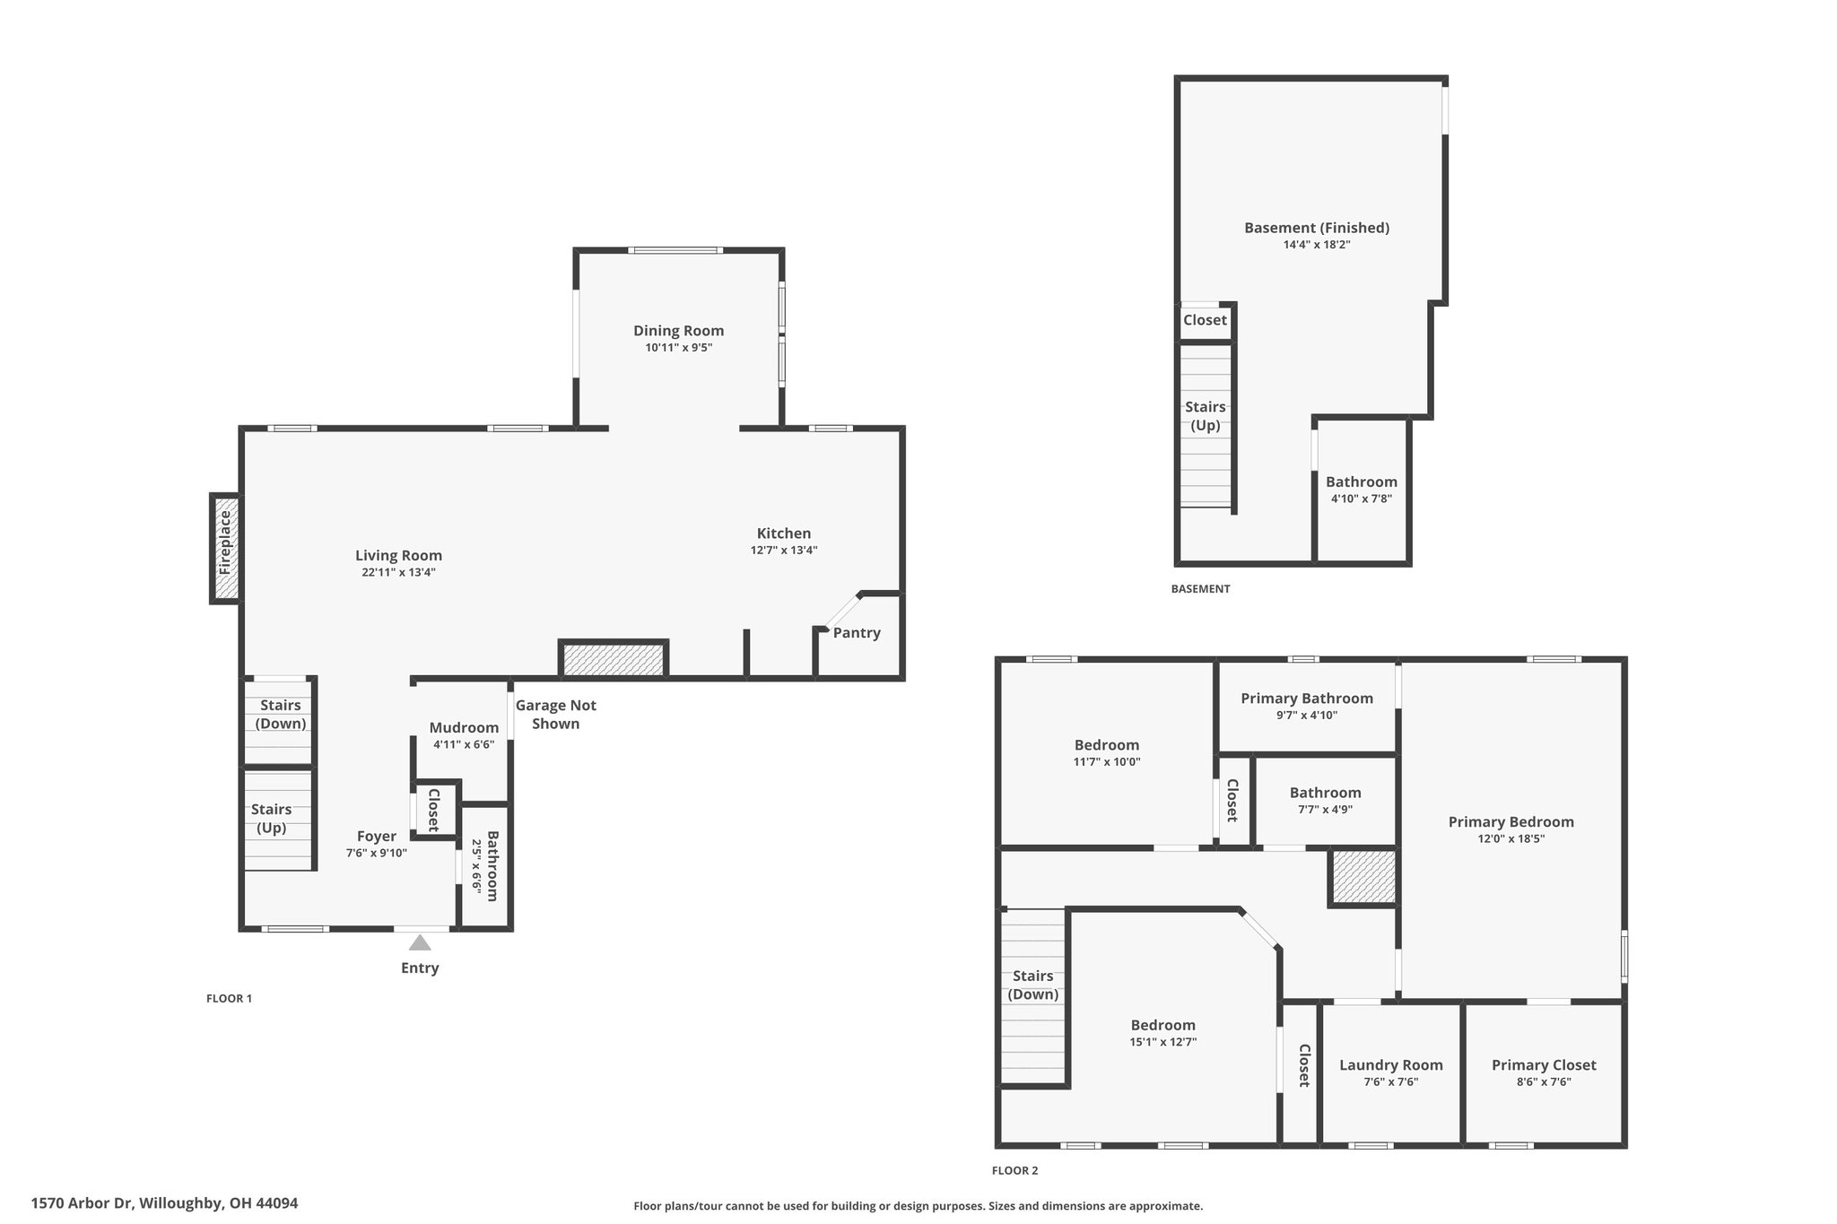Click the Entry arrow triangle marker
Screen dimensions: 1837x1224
(419, 942)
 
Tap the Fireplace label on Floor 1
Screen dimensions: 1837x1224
(225, 543)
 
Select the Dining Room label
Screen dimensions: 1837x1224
(678, 331)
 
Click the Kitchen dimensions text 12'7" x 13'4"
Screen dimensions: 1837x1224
(784, 551)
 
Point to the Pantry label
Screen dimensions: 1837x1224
(857, 633)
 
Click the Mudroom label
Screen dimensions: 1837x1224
(464, 728)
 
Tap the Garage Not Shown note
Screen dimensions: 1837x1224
(556, 715)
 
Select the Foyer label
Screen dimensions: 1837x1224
(376, 837)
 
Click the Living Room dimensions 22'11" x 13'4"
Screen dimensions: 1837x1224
(398, 572)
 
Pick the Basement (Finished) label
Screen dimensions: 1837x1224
(1317, 228)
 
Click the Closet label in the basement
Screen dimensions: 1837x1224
(1205, 320)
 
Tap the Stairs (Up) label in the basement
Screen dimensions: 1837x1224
(1206, 416)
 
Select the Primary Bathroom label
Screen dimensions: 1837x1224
(1307, 699)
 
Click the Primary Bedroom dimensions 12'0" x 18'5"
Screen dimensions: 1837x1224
(1511, 839)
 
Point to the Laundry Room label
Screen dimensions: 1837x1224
(1391, 1065)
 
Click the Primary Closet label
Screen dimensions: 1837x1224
(1544, 1065)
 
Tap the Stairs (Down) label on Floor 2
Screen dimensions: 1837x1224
(1033, 985)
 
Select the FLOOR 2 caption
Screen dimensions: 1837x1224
(1014, 1170)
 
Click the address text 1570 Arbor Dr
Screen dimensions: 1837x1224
(82, 1203)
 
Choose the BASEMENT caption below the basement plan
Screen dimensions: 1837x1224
(1200, 589)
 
